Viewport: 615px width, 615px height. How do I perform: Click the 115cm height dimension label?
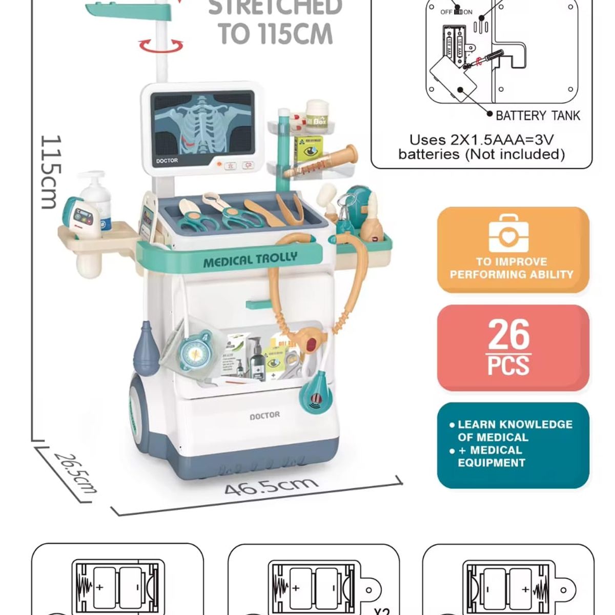click(51, 172)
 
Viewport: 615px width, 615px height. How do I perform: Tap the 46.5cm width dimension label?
click(271, 485)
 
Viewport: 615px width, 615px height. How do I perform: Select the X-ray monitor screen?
click(203, 124)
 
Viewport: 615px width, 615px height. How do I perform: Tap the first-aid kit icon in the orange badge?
click(508, 233)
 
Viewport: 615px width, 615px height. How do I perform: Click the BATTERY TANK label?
click(538, 116)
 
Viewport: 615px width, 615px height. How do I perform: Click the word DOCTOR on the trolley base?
click(264, 415)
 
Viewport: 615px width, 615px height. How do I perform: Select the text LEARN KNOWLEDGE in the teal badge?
click(515, 424)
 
